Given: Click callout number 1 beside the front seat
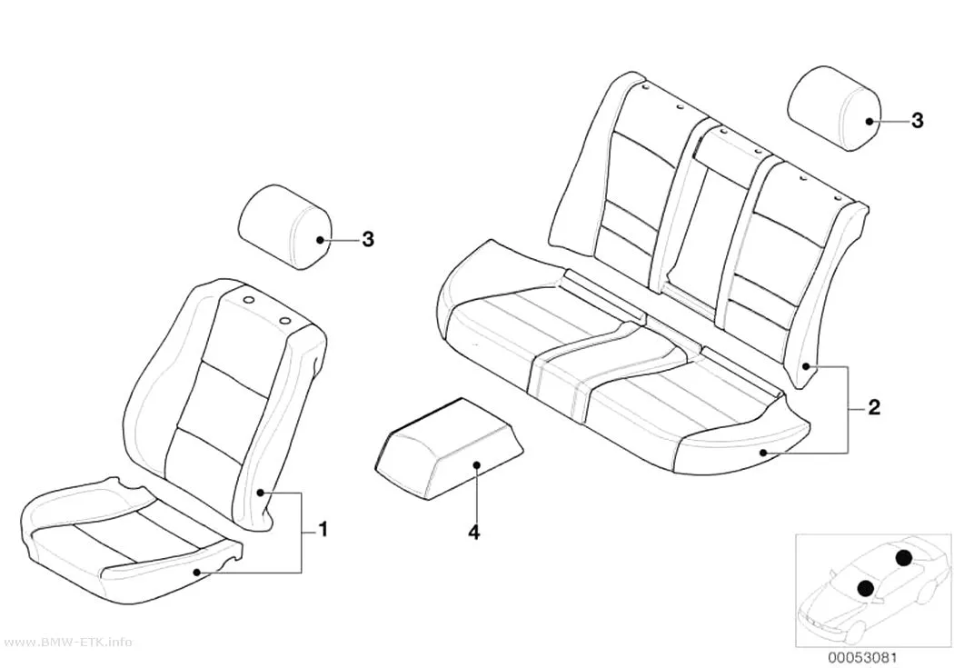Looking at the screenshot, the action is click(x=323, y=529).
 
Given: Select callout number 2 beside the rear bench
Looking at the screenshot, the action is click(x=874, y=407).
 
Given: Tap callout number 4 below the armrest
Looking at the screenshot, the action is click(x=474, y=533).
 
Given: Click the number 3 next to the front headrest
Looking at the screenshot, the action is click(x=367, y=240).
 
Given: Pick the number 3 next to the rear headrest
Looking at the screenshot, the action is click(x=917, y=121).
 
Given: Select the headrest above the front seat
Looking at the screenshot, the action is click(x=284, y=227).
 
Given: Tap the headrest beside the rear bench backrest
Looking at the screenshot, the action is click(x=834, y=108).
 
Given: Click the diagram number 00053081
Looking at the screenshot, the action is click(x=861, y=658).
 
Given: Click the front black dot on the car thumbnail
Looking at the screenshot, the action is click(x=866, y=588).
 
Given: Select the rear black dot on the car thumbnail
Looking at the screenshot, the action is click(x=903, y=557).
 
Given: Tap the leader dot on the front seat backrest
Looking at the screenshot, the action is click(x=262, y=493).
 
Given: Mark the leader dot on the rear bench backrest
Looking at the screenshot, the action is click(x=806, y=365).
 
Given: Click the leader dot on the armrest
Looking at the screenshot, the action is click(x=477, y=465).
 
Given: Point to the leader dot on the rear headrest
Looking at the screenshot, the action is click(x=870, y=121).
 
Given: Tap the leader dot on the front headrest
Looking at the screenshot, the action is click(x=321, y=240).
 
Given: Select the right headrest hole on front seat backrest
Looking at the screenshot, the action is click(x=284, y=321).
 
